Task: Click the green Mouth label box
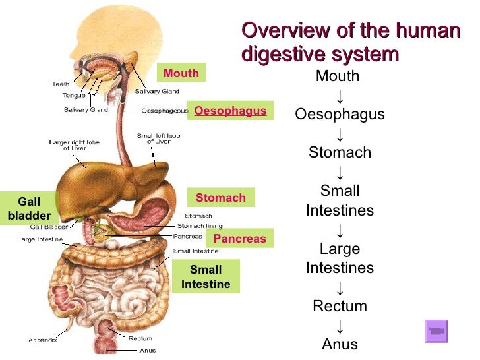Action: [x=181, y=73]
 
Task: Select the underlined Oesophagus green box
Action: [x=230, y=111]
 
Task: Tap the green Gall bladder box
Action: [x=29, y=208]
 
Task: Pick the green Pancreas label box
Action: [x=239, y=239]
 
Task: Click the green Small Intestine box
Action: [x=206, y=277]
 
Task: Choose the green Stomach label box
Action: [x=220, y=198]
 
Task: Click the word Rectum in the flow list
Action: [x=340, y=306]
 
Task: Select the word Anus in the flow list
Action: [x=340, y=344]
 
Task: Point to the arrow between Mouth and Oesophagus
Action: [x=340, y=96]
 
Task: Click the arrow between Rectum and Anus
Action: [x=340, y=326]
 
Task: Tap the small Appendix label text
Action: [x=42, y=340]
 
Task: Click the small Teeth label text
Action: [x=61, y=84]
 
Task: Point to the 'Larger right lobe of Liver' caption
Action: [x=75, y=145]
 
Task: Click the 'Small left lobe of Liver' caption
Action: [x=158, y=138]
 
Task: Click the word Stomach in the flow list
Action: [x=340, y=153]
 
